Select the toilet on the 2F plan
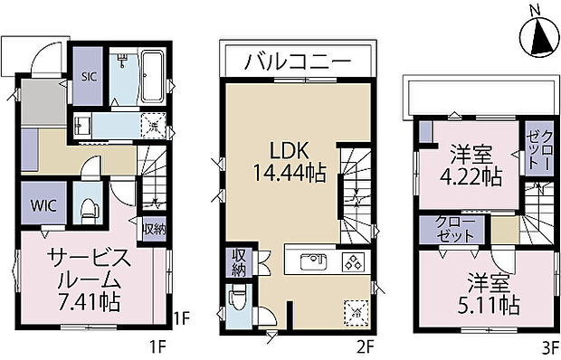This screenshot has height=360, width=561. click(x=238, y=298)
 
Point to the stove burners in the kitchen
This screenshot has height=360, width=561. click(x=351, y=263)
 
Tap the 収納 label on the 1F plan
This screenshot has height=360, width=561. click(x=154, y=228)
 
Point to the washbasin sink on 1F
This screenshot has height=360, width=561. click(x=80, y=125)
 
